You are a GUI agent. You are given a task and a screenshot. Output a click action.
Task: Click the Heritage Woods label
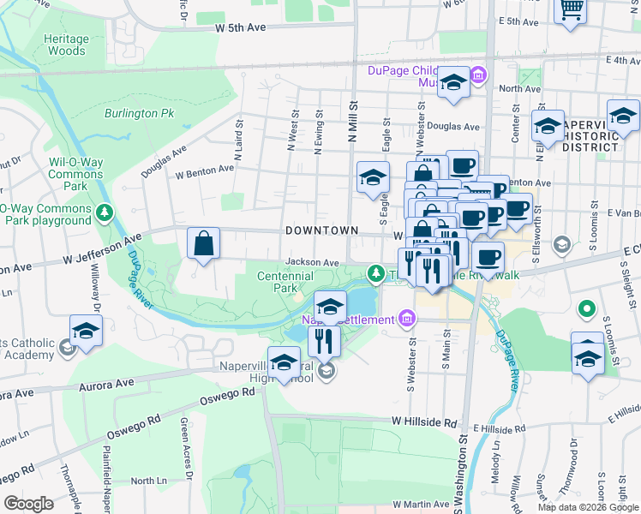click(66, 45)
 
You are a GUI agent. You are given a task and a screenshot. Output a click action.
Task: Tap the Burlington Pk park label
click(139, 113)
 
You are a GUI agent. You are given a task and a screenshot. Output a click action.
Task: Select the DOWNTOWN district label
click(321, 231)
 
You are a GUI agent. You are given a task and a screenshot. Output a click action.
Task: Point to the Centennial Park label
click(285, 282)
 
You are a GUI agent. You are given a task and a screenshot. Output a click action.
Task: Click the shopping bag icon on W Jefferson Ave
click(203, 243)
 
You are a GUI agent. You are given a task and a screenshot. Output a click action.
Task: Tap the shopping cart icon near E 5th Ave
click(570, 10)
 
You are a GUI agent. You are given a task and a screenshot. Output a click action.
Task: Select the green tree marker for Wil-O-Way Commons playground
click(105, 212)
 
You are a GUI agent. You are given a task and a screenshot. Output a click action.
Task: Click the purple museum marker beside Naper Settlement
click(407, 320)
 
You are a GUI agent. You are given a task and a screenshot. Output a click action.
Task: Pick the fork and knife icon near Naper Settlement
click(325, 340)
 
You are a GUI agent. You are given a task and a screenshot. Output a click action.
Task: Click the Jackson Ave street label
click(313, 262)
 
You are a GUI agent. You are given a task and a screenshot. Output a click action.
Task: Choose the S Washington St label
click(463, 471)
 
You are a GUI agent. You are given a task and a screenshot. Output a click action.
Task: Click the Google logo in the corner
click(29, 504)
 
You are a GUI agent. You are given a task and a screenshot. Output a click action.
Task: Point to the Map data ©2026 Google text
click(587, 507)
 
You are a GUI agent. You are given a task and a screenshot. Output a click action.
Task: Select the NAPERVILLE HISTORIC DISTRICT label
click(591, 135)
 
